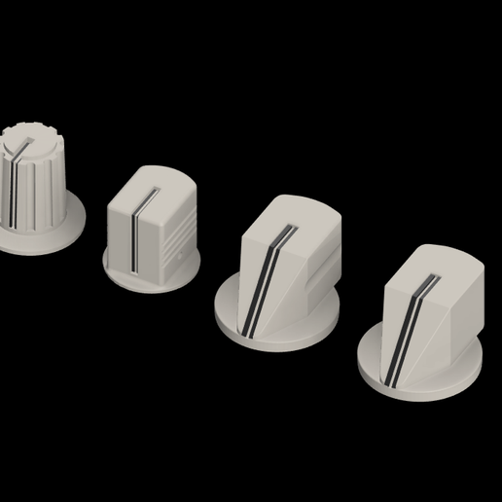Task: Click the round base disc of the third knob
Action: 292,326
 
